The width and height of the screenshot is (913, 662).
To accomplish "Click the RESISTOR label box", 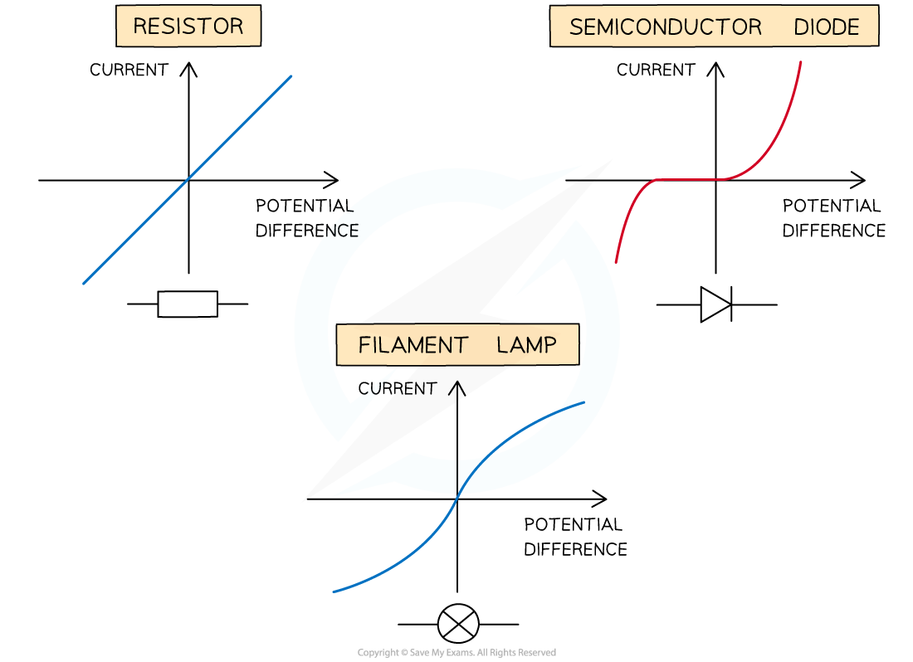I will pos(188,27).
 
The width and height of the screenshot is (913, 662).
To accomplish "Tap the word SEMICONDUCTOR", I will pos(665,27).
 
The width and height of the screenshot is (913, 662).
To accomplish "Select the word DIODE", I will pos(826,27).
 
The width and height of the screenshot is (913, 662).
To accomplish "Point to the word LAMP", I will pos(526,345).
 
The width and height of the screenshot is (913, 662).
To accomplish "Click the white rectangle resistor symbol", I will pos(188,304).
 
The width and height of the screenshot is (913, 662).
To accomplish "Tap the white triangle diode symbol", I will pos(713,304).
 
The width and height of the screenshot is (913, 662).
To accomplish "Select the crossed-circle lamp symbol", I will pos(458,624).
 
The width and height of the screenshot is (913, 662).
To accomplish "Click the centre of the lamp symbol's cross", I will pos(458,624).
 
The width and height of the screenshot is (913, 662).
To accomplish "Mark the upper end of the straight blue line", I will pos(291,76).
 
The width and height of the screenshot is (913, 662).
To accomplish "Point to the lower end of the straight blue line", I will pos(84,284).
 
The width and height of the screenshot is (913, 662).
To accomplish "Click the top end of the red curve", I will pos(801,61).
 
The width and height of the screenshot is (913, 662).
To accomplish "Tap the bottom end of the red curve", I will pos(615,263).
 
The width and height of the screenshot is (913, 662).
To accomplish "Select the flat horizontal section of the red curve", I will pos(689,179).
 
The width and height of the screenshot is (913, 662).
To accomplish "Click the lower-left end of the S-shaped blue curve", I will pos(334,591).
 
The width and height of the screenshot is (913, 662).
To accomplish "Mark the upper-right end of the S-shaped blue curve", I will pos(583,402).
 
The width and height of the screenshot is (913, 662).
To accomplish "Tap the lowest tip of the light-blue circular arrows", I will pos(334,496).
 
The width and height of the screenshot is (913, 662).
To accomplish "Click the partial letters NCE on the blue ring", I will pos(342,231).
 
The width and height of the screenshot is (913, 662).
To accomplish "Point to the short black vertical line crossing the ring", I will pos(457,476).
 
